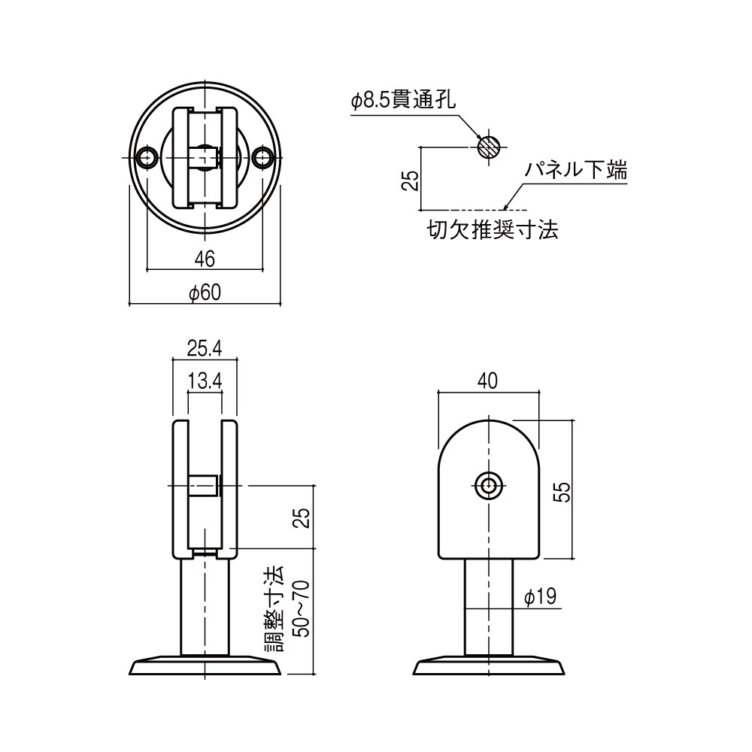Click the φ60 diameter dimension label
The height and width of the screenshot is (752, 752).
coord(204,293)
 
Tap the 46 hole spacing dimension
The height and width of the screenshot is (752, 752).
coord(205,259)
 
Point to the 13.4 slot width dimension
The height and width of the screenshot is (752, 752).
coord(205,381)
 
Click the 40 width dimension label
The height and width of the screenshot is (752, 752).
coord(488,381)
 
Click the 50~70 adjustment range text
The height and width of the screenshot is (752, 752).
coord(300,608)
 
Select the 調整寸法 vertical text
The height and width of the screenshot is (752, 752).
coord(274,608)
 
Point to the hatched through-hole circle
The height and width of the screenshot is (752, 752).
coord(489,147)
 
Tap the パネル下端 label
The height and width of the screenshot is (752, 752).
coord(575,171)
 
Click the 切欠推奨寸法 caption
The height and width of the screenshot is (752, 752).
coord(493,229)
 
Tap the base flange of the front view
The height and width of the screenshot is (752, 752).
coord(205,666)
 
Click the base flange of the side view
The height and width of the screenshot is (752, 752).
coord(489,666)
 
